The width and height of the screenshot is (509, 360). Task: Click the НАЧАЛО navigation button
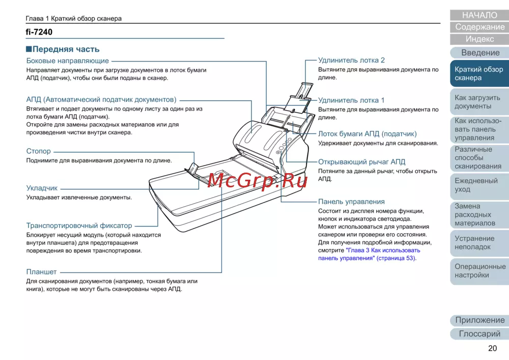pyautogui.click(x=479, y=15)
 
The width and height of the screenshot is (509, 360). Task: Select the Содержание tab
pyautogui.click(x=479, y=27)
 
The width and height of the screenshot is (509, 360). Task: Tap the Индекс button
pyautogui.click(x=479, y=39)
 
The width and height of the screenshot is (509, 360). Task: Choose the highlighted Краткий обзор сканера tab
pyautogui.click(x=479, y=73)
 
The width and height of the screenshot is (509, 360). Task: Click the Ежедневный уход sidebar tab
pyautogui.click(x=479, y=185)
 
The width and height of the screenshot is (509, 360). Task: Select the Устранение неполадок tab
pyautogui.click(x=479, y=242)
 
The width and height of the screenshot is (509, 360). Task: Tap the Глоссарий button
pyautogui.click(x=479, y=334)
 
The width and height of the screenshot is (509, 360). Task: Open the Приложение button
pyautogui.click(x=479, y=320)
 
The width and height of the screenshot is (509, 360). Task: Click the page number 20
pyautogui.click(x=492, y=348)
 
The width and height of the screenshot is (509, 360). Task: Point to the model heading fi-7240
pyautogui.click(x=39, y=32)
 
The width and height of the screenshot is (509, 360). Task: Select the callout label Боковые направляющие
pyautogui.click(x=68, y=61)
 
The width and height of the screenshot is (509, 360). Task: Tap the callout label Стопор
pyautogui.click(x=39, y=151)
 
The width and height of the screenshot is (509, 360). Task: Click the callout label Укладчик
pyautogui.click(x=42, y=188)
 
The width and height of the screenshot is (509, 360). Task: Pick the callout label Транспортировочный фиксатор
pyautogui.click(x=79, y=226)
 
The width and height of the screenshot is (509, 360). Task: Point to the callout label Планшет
pyautogui.click(x=42, y=272)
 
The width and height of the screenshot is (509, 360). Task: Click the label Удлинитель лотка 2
pyautogui.click(x=351, y=60)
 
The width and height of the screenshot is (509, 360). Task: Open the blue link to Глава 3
pyautogui.click(x=383, y=251)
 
